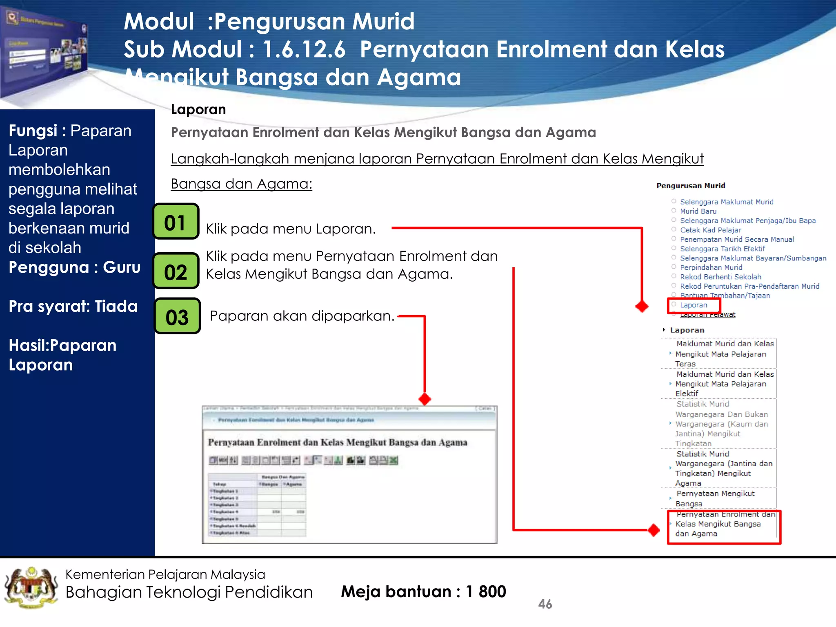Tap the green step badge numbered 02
[176, 271]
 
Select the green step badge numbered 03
[177, 316]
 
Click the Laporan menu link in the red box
[693, 305]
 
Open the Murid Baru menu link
[698, 211]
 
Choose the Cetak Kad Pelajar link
[710, 230]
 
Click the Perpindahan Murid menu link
[711, 267]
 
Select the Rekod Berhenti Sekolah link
[720, 277]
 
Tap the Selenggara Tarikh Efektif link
[722, 249]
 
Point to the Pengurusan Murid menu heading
[691, 186]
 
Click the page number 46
[545, 604]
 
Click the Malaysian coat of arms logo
[31, 587]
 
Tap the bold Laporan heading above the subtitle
[198, 109]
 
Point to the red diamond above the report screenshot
[425, 399]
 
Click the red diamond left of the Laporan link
[642, 306]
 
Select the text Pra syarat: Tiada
[73, 306]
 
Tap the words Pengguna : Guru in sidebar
[74, 267]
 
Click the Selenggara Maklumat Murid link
[726, 202]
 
